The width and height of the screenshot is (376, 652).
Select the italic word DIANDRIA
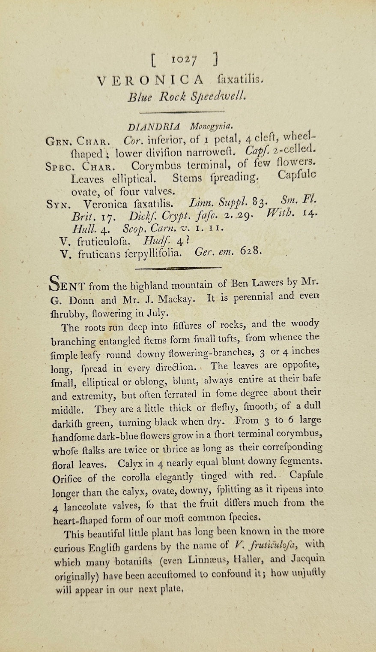[154, 127]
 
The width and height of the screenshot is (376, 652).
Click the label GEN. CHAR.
[79, 141]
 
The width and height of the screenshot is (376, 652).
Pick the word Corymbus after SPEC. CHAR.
[156, 166]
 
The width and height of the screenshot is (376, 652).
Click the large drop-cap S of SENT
[57, 284]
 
